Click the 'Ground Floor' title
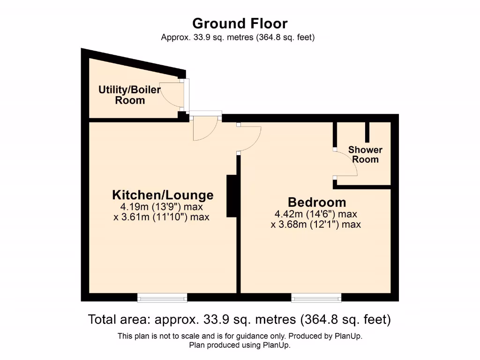click(x=240, y=23)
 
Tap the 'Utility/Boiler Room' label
click(x=130, y=95)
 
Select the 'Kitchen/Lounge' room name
click(x=163, y=195)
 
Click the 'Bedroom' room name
click(x=317, y=202)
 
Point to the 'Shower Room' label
click(x=365, y=154)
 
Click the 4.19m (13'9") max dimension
click(x=162, y=207)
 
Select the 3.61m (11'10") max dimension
click(x=161, y=217)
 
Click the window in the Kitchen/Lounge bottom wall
click(x=162, y=297)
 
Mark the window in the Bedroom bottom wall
click(x=316, y=297)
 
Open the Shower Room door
click(x=346, y=164)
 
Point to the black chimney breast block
click(x=232, y=196)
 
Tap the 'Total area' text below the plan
click(x=240, y=320)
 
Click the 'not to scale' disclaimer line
click(x=240, y=336)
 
